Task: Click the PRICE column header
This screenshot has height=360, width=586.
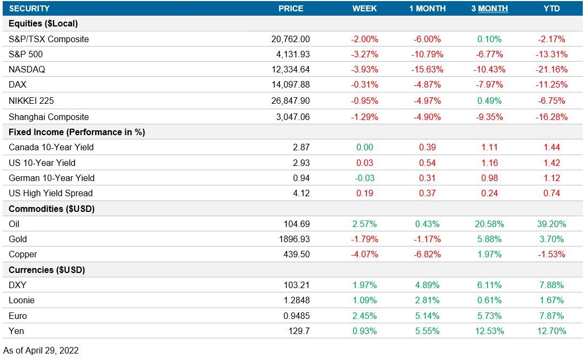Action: tap(290, 9)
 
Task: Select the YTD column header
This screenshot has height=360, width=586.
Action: tap(551, 9)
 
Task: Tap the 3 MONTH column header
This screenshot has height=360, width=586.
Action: tap(489, 9)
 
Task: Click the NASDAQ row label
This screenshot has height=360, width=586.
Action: tap(27, 70)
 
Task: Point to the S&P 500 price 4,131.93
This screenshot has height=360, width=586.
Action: tap(290, 55)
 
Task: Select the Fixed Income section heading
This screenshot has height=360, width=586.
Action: tap(77, 132)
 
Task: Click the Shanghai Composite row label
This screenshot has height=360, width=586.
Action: tap(49, 117)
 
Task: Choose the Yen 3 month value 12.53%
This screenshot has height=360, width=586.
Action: tap(489, 331)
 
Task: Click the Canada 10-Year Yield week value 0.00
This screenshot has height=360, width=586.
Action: tap(365, 147)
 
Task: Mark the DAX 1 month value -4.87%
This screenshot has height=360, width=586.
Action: tap(427, 85)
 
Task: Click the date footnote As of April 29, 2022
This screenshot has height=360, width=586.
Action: tap(41, 350)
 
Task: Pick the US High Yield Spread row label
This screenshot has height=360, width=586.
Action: tap(51, 193)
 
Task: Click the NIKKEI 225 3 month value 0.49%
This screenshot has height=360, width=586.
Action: tap(489, 101)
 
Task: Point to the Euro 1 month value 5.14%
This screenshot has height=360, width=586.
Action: tap(427, 316)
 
